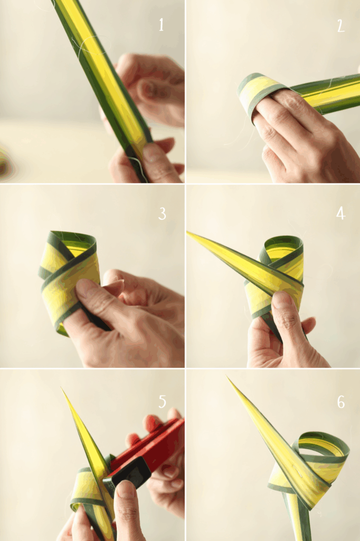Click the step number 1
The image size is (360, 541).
click(x=162, y=25)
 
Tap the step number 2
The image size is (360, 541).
click(x=340, y=25)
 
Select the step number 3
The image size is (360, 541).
click(x=162, y=213)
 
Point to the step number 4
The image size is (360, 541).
click(x=340, y=214)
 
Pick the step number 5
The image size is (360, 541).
click(x=163, y=402)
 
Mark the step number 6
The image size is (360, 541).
click(x=340, y=402)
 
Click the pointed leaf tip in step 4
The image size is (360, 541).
click(x=187, y=232)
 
